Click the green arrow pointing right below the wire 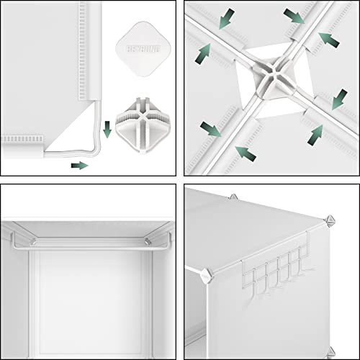(x=79, y=165)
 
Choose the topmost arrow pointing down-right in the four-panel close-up (x=293, y=16)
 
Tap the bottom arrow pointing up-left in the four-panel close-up (x=248, y=153)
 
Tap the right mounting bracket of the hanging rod (x=146, y=240)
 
